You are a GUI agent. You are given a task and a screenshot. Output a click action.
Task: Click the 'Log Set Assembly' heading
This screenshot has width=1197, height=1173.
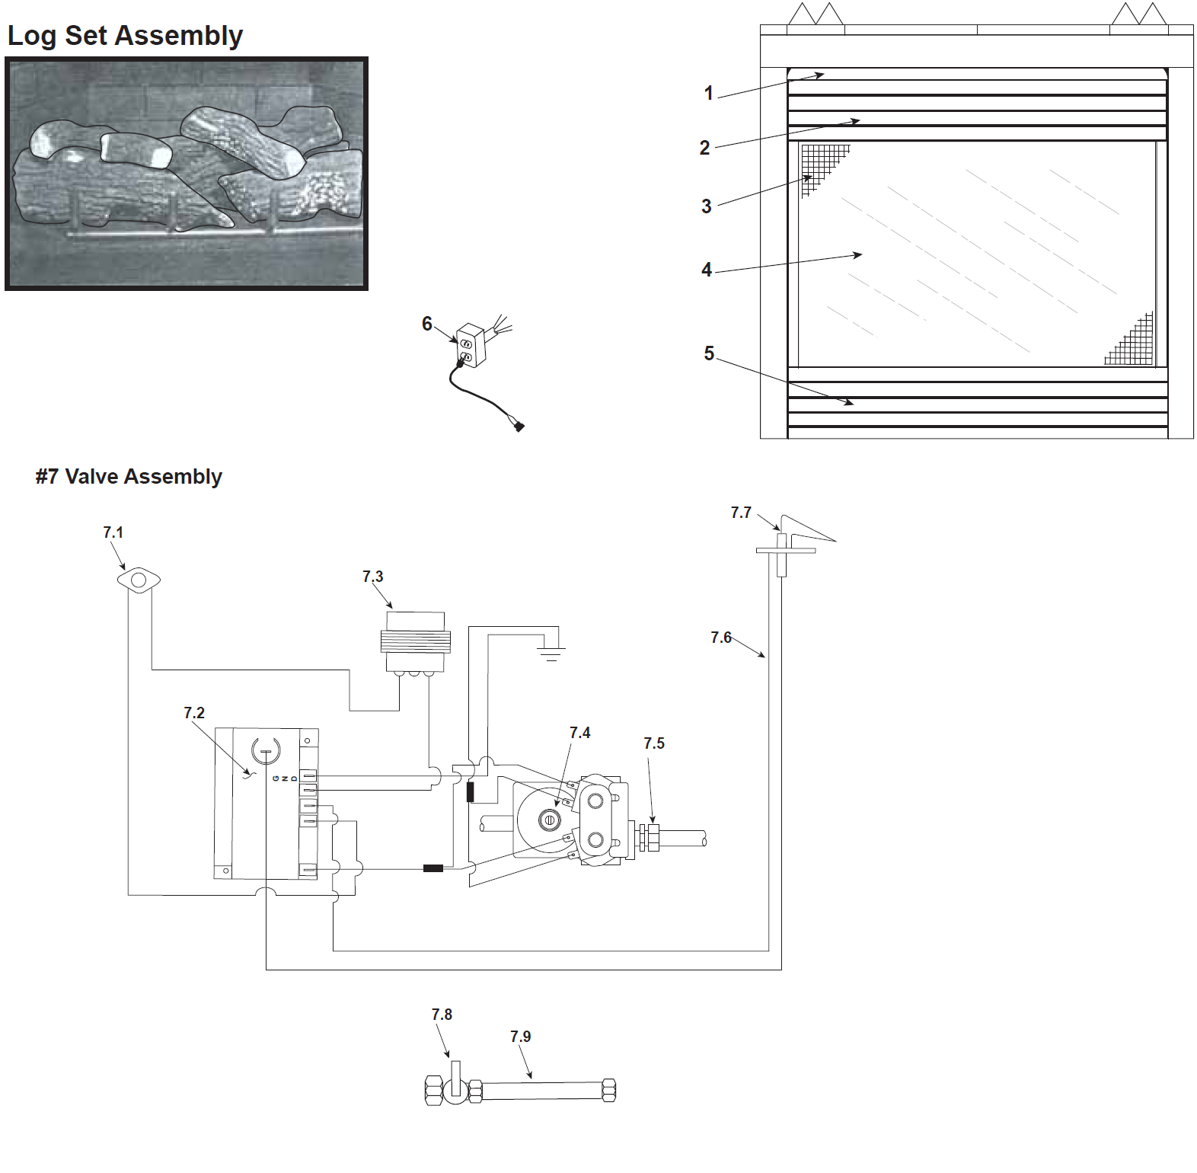pos(125,36)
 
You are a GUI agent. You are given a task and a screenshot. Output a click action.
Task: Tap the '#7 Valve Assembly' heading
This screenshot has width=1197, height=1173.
pos(129,477)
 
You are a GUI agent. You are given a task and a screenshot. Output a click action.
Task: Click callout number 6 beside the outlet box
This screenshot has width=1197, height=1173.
pos(427,324)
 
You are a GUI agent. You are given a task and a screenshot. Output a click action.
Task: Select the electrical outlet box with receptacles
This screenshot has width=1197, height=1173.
pos(471,346)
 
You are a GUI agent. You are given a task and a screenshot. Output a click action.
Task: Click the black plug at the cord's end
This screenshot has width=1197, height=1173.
pos(519,427)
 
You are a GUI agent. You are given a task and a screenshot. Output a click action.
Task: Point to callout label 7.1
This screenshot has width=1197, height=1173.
pos(113,532)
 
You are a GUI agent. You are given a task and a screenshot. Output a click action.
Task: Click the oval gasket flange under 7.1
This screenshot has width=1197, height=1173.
pos(139,580)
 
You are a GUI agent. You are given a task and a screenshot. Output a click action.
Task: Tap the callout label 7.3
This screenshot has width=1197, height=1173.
pos(372,577)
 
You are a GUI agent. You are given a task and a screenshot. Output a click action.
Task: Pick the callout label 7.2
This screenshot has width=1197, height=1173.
pos(194,713)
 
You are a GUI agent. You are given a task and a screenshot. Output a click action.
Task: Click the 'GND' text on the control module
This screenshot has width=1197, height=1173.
pos(285,778)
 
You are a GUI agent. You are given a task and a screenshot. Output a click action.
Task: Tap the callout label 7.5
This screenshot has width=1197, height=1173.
pos(654,743)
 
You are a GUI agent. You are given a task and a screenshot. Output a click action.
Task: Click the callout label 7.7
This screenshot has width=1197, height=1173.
pos(741,513)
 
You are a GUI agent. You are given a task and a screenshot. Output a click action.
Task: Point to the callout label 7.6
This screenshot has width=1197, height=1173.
pos(721,638)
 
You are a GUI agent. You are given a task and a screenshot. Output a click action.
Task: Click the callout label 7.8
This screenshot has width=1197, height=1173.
pos(442,1015)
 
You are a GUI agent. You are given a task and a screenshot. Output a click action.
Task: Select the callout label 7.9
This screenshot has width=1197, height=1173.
pos(521,1037)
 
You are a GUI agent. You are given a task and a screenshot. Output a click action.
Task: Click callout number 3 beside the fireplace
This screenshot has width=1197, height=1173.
pos(707,206)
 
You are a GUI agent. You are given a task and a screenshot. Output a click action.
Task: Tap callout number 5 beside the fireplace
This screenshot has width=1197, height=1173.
pos(709,353)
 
